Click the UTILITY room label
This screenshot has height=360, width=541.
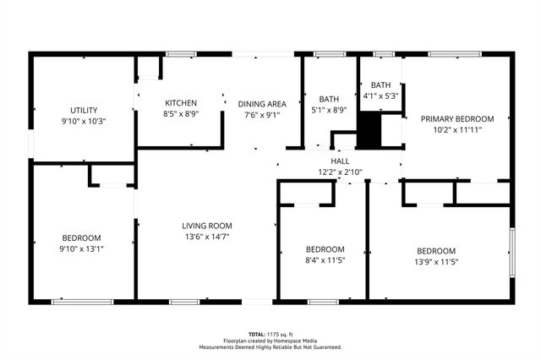click(x=83, y=110)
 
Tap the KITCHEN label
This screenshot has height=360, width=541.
click(x=181, y=102)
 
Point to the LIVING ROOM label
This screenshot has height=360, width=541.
click(x=206, y=226)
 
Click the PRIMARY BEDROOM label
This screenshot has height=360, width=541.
click(x=456, y=119)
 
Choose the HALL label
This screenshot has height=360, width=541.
click(x=339, y=161)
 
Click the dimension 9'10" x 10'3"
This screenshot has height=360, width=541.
click(x=83, y=121)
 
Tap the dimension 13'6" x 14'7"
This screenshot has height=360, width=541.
click(x=206, y=237)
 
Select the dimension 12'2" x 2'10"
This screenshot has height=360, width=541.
click(x=339, y=172)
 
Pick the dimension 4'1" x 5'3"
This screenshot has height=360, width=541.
click(x=381, y=95)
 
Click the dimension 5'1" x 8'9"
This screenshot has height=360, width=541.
click(x=329, y=110)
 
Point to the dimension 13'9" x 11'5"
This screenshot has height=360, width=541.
click(x=436, y=262)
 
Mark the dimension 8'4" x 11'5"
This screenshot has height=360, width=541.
click(x=325, y=260)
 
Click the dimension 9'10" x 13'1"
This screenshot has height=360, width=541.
click(x=81, y=248)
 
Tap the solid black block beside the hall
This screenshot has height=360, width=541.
click(x=369, y=130)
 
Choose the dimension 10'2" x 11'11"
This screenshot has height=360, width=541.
click(x=456, y=130)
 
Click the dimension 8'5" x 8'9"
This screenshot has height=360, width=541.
click(x=181, y=113)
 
